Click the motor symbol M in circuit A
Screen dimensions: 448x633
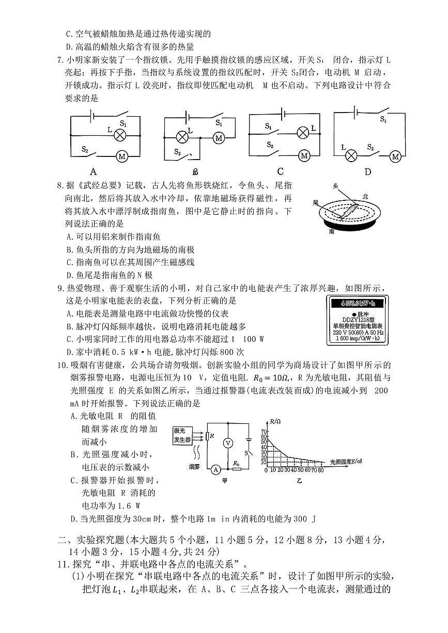(x=122, y=156)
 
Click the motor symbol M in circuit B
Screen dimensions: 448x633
(x=219, y=138)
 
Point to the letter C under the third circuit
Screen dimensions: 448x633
(x=280, y=172)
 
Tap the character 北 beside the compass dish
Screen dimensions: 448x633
(x=365, y=196)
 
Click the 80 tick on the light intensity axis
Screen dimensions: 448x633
(x=321, y=470)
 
